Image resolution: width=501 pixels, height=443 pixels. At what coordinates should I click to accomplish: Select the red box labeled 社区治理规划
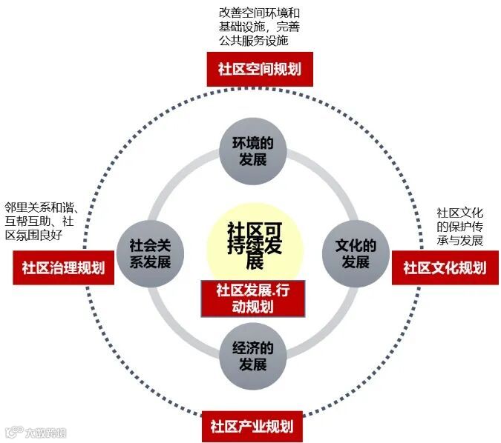pos(63,267)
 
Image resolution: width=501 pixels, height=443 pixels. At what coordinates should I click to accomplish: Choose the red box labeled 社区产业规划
pos(251,426)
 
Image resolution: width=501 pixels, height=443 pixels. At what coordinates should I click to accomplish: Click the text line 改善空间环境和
pos(259,13)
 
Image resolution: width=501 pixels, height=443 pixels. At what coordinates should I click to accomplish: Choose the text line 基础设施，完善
pos(259,27)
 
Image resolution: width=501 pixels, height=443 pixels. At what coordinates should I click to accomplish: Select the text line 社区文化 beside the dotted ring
pos(460,213)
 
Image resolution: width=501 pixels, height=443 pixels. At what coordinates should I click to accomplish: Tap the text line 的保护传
pos(460,227)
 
